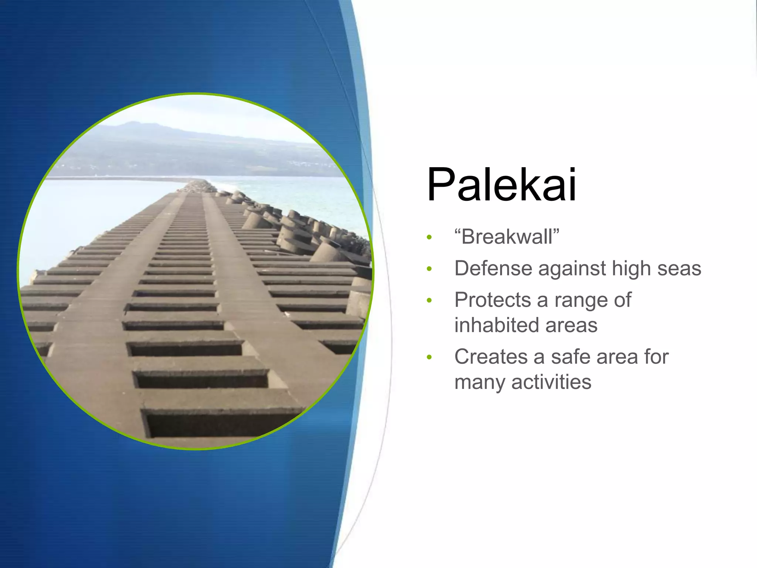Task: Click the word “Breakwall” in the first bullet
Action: (507, 237)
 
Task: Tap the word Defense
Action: (493, 268)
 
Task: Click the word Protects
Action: (492, 300)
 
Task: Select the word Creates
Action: (490, 357)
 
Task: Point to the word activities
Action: (551, 382)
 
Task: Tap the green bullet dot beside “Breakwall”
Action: (429, 237)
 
